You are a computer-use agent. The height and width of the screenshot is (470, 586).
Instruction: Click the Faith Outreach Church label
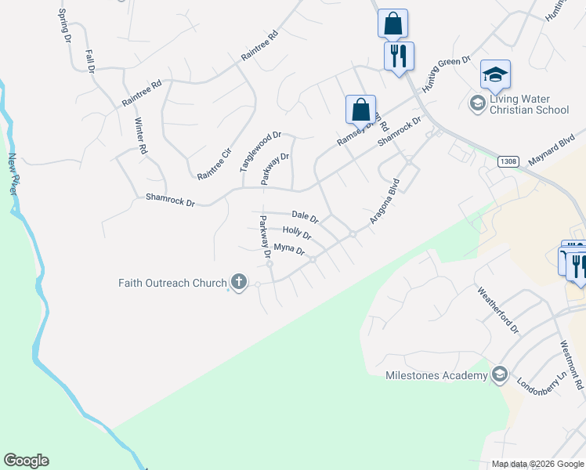172,283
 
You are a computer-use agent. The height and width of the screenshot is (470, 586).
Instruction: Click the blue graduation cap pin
495,75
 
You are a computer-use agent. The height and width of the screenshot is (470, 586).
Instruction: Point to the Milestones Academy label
436,376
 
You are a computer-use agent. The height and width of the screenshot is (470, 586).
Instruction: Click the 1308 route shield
507,161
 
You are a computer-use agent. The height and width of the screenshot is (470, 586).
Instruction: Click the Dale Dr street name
305,216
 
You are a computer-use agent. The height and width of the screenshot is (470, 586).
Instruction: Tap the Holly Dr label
297,233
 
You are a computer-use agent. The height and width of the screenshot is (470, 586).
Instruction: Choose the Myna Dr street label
288,250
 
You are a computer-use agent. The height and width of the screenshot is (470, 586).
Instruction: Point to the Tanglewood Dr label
260,151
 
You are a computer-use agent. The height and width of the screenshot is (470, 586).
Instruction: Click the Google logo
26,461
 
